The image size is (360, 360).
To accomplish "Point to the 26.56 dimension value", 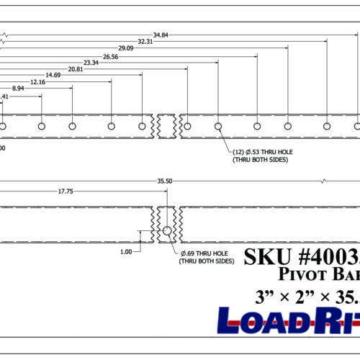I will tap(110, 56).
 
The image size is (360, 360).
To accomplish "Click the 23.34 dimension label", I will tap(91, 63).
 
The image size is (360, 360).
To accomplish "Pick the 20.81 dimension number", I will tap(75, 70).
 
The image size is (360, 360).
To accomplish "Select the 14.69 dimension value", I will tap(53, 76).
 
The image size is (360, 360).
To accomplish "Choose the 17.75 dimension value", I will tap(66, 192).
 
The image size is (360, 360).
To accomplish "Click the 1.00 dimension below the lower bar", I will tap(127, 252).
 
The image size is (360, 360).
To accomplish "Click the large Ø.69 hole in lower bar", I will tap(167, 231).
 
